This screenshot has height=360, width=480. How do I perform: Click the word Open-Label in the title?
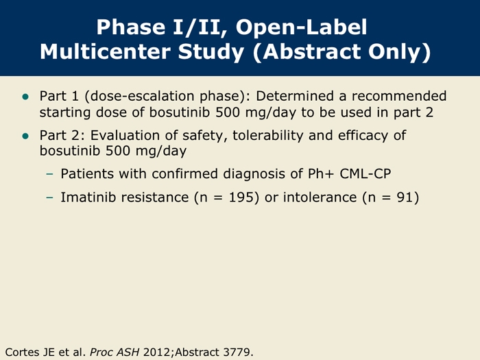[x=301, y=27]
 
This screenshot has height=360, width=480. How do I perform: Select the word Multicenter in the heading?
[x=105, y=51]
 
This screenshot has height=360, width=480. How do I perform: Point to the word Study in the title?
[x=211, y=51]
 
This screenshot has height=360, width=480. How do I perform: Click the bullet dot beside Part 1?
[x=25, y=97]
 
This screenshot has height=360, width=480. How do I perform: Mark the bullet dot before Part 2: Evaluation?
[x=25, y=136]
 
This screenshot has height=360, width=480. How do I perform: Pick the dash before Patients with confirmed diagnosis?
[x=49, y=174]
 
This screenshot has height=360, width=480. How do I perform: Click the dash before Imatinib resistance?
[x=49, y=197]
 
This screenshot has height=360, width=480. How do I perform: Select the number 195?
[x=241, y=197]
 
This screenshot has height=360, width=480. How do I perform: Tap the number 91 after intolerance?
[x=405, y=197]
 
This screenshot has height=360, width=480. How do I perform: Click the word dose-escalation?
[x=143, y=96]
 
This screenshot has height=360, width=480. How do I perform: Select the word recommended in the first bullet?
[x=399, y=96]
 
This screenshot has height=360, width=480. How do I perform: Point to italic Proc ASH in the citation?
[x=115, y=352]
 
